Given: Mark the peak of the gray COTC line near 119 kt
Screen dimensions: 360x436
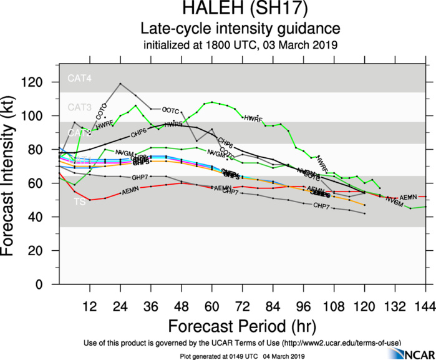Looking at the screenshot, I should tap(120, 84).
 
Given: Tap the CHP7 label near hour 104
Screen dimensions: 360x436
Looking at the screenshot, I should tap(321, 205).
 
